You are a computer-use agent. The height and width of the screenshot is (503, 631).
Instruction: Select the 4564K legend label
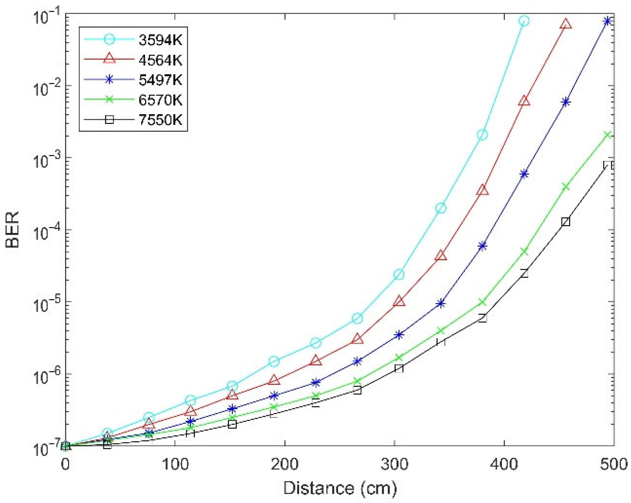tap(160, 60)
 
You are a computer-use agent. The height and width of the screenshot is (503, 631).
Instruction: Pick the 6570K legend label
tap(160, 99)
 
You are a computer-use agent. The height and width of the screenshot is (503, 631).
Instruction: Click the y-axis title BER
tap(13, 229)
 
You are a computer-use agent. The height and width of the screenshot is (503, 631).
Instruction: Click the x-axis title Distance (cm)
tap(340, 488)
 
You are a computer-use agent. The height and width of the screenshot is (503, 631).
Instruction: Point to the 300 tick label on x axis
tap(395, 464)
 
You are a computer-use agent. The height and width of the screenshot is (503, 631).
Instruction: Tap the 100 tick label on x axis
tap(175, 464)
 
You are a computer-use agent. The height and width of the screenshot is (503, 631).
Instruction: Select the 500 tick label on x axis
tap(614, 464)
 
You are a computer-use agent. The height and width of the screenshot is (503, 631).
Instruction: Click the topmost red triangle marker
tap(566, 24)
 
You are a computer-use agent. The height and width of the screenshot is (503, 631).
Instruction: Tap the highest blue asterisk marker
tap(607, 21)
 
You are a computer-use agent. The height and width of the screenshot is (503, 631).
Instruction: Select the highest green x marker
tap(607, 135)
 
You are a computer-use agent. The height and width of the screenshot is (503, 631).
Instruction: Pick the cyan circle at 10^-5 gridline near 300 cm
tap(398, 274)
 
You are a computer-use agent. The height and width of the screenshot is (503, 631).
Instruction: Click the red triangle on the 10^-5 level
tap(399, 301)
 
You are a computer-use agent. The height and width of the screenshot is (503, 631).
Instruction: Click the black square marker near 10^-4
tap(566, 222)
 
